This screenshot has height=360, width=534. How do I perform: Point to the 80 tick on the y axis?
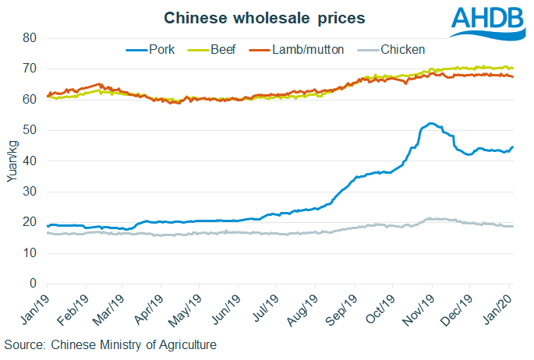[30, 38]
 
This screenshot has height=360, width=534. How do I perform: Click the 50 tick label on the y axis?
[30, 130]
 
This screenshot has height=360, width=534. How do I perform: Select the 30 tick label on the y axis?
[30, 192]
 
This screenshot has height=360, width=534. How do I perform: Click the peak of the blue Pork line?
[430, 123]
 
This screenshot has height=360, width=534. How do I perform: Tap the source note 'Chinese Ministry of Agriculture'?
[110, 344]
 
